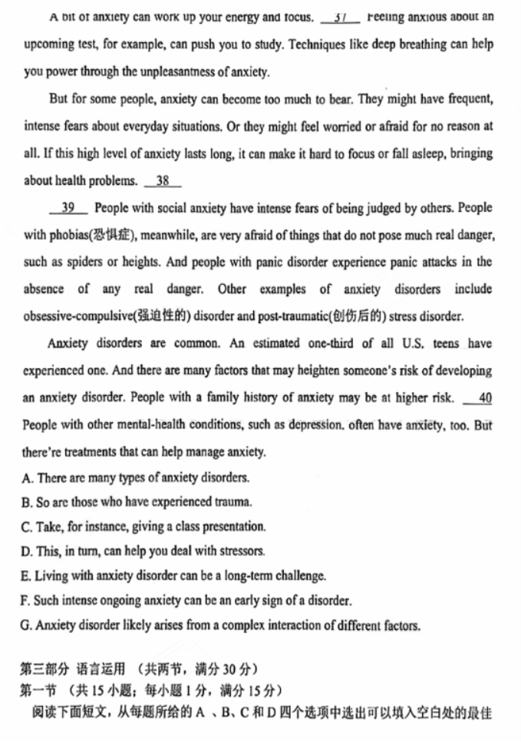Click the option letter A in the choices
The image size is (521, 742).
pos(28,478)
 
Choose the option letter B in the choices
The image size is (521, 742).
pos(28,503)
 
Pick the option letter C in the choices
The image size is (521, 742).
pos(28,527)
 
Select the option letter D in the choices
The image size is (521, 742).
pos(28,552)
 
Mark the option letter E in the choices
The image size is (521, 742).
pos(28,576)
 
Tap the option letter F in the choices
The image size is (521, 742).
pos(28,601)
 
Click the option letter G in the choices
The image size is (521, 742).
pos(28,625)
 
